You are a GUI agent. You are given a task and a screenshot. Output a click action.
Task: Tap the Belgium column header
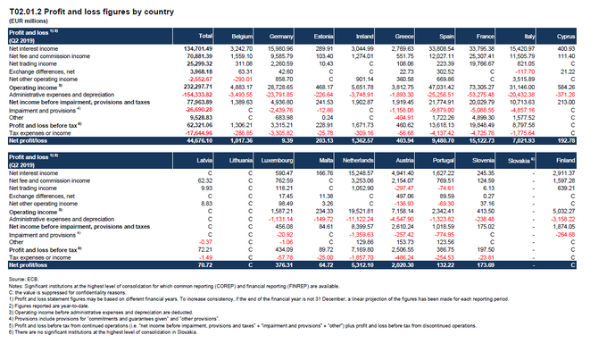(243, 36)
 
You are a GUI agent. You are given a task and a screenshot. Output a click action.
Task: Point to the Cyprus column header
(586, 36)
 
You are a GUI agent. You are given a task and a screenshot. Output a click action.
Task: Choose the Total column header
(205, 36)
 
